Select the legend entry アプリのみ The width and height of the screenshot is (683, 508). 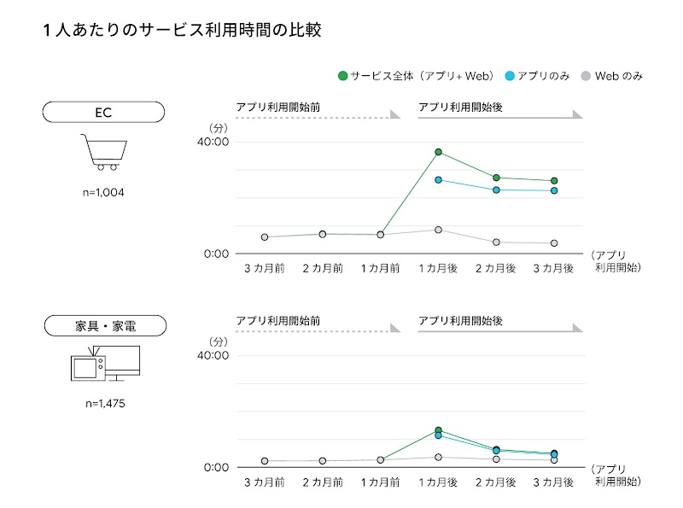click(x=537, y=76)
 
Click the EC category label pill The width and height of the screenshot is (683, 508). click(x=103, y=112)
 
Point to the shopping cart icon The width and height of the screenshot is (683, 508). click(x=102, y=152)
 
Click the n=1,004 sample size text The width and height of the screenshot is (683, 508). click(x=102, y=192)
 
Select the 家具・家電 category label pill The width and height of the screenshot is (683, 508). click(x=103, y=325)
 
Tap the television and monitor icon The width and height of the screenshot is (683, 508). click(x=104, y=365)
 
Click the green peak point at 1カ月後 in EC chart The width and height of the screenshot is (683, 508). click(x=438, y=152)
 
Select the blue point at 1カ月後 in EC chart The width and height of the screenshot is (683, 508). click(x=438, y=180)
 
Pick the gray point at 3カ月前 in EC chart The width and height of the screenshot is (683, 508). click(x=265, y=237)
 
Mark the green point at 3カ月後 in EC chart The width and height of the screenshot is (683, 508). click(x=554, y=181)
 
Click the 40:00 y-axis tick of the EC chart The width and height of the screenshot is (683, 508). click(x=214, y=142)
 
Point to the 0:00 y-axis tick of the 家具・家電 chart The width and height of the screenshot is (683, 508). click(x=216, y=467)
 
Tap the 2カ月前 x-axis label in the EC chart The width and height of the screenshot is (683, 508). click(x=323, y=268)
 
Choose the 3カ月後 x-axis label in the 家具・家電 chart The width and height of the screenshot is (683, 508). click(x=553, y=482)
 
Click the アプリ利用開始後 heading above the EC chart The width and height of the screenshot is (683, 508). click(x=460, y=107)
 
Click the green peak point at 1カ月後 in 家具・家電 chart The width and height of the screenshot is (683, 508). click(x=438, y=430)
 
